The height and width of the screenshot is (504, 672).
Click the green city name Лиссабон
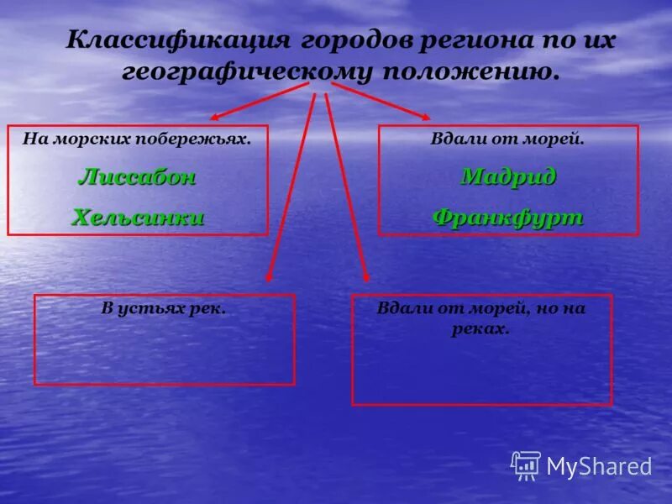tap(138, 177)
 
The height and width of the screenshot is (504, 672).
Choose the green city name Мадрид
tap(508, 177)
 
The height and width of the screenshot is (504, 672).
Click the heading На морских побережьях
tap(137, 139)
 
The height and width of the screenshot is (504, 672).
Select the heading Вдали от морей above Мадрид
tap(507, 139)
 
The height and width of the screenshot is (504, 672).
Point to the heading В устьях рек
tap(164, 308)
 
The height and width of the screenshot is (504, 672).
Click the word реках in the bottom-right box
tap(481, 329)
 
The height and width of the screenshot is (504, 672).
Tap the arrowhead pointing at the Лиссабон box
tap(215, 117)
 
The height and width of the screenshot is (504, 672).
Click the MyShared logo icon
tap(526, 465)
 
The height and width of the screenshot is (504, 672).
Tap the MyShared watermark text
tap(599, 466)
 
